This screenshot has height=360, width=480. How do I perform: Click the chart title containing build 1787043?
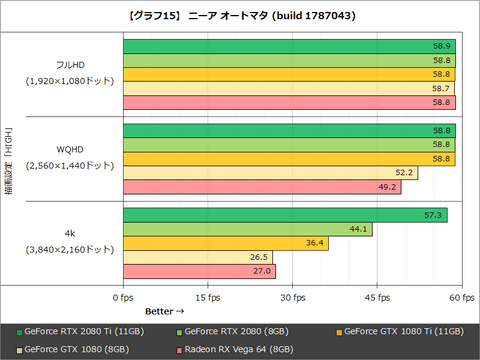[x=239, y=15]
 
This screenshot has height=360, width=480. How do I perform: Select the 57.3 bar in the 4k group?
[x=284, y=215]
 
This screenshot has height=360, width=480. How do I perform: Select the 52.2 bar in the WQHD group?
[x=270, y=172]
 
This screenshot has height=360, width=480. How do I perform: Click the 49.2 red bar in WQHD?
[x=261, y=186]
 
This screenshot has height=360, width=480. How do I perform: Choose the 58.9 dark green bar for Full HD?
[x=289, y=46]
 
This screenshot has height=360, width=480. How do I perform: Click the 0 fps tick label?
[x=122, y=298]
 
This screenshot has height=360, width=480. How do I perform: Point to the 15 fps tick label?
[x=207, y=298]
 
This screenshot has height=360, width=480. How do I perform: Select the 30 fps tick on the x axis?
[x=291, y=298]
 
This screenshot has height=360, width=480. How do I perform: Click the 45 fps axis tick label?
[x=376, y=298]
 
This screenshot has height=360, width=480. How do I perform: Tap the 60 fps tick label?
[x=460, y=298]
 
